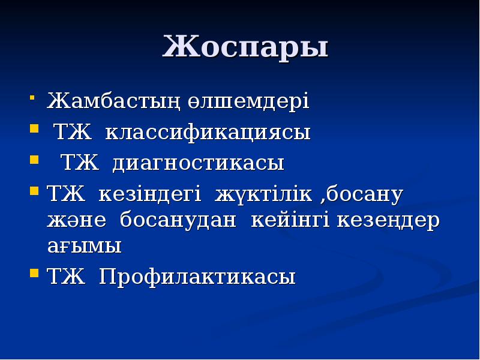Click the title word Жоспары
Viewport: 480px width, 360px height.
245,47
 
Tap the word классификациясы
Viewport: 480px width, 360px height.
208,131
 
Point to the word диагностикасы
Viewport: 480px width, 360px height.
199,163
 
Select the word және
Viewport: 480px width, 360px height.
77,220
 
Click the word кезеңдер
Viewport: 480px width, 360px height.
388,220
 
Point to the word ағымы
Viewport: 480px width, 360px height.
84,246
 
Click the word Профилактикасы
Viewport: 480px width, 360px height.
197,277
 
